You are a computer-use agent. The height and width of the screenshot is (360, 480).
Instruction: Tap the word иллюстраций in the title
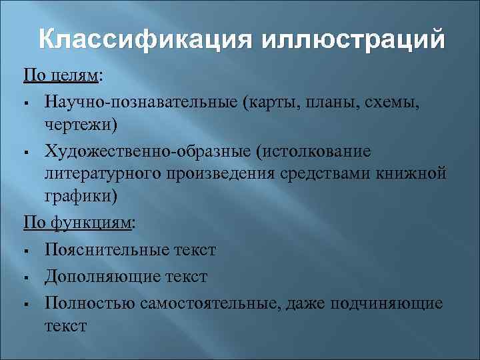tap(353, 41)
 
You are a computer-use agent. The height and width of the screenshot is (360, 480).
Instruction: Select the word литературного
tap(103, 175)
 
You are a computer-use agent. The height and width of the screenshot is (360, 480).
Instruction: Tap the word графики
tap(80, 197)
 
